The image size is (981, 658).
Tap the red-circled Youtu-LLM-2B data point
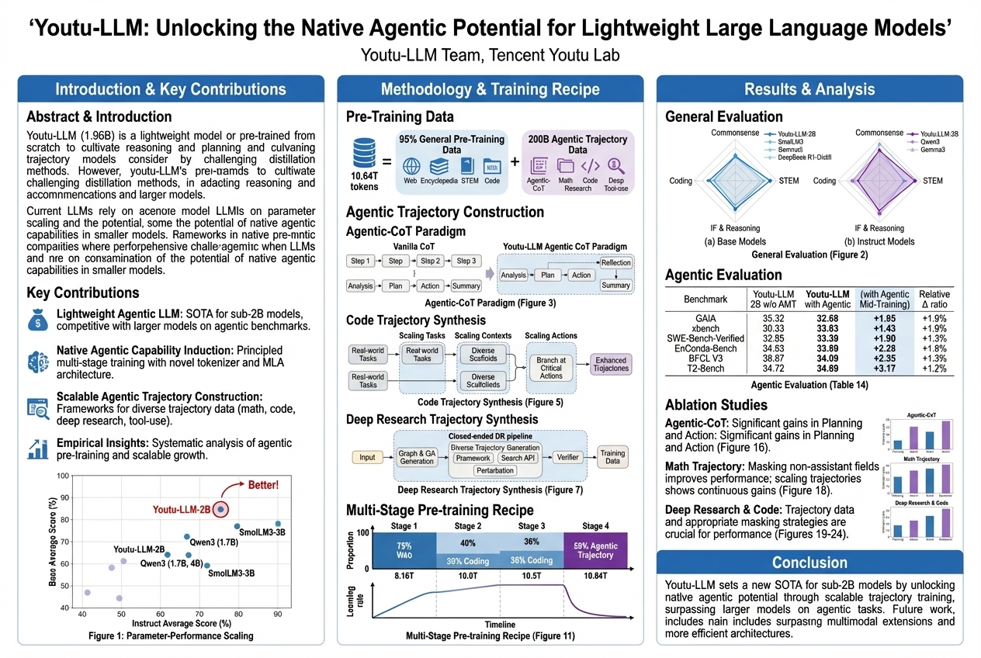(x=221, y=509)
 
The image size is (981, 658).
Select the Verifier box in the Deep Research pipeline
(x=568, y=457)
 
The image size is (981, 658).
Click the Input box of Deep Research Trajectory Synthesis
(x=367, y=457)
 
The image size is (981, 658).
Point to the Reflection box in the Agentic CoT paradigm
(x=616, y=262)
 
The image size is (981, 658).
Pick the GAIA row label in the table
(x=705, y=317)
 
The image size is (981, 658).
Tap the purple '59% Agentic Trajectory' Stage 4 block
(x=595, y=549)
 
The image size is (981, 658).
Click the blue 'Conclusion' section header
(x=809, y=563)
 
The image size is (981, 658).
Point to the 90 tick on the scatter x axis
(x=277, y=613)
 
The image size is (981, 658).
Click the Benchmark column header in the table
(x=705, y=299)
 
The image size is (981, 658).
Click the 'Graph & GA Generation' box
(x=417, y=457)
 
